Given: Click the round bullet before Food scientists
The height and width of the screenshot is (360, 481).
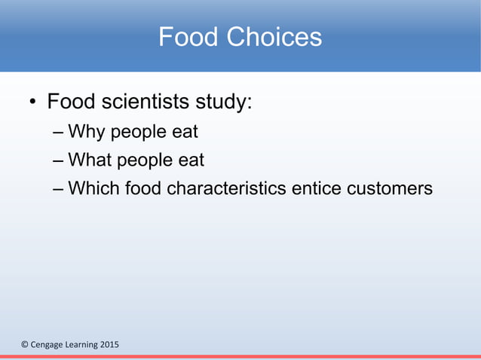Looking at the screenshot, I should point(32,102).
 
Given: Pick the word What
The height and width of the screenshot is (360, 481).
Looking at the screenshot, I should point(90,160).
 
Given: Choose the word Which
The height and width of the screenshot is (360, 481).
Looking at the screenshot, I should point(94,188).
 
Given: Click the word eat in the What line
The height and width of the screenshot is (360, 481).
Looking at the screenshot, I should point(189,160).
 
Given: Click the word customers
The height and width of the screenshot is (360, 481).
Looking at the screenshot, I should point(390,188).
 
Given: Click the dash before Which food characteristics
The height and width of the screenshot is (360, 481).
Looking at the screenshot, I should point(59,188).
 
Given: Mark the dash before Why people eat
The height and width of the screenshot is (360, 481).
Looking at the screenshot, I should point(59,133).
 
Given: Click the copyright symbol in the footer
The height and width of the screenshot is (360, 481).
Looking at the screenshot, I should point(23,345).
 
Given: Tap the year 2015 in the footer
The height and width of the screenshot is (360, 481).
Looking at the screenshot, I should point(107,345).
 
